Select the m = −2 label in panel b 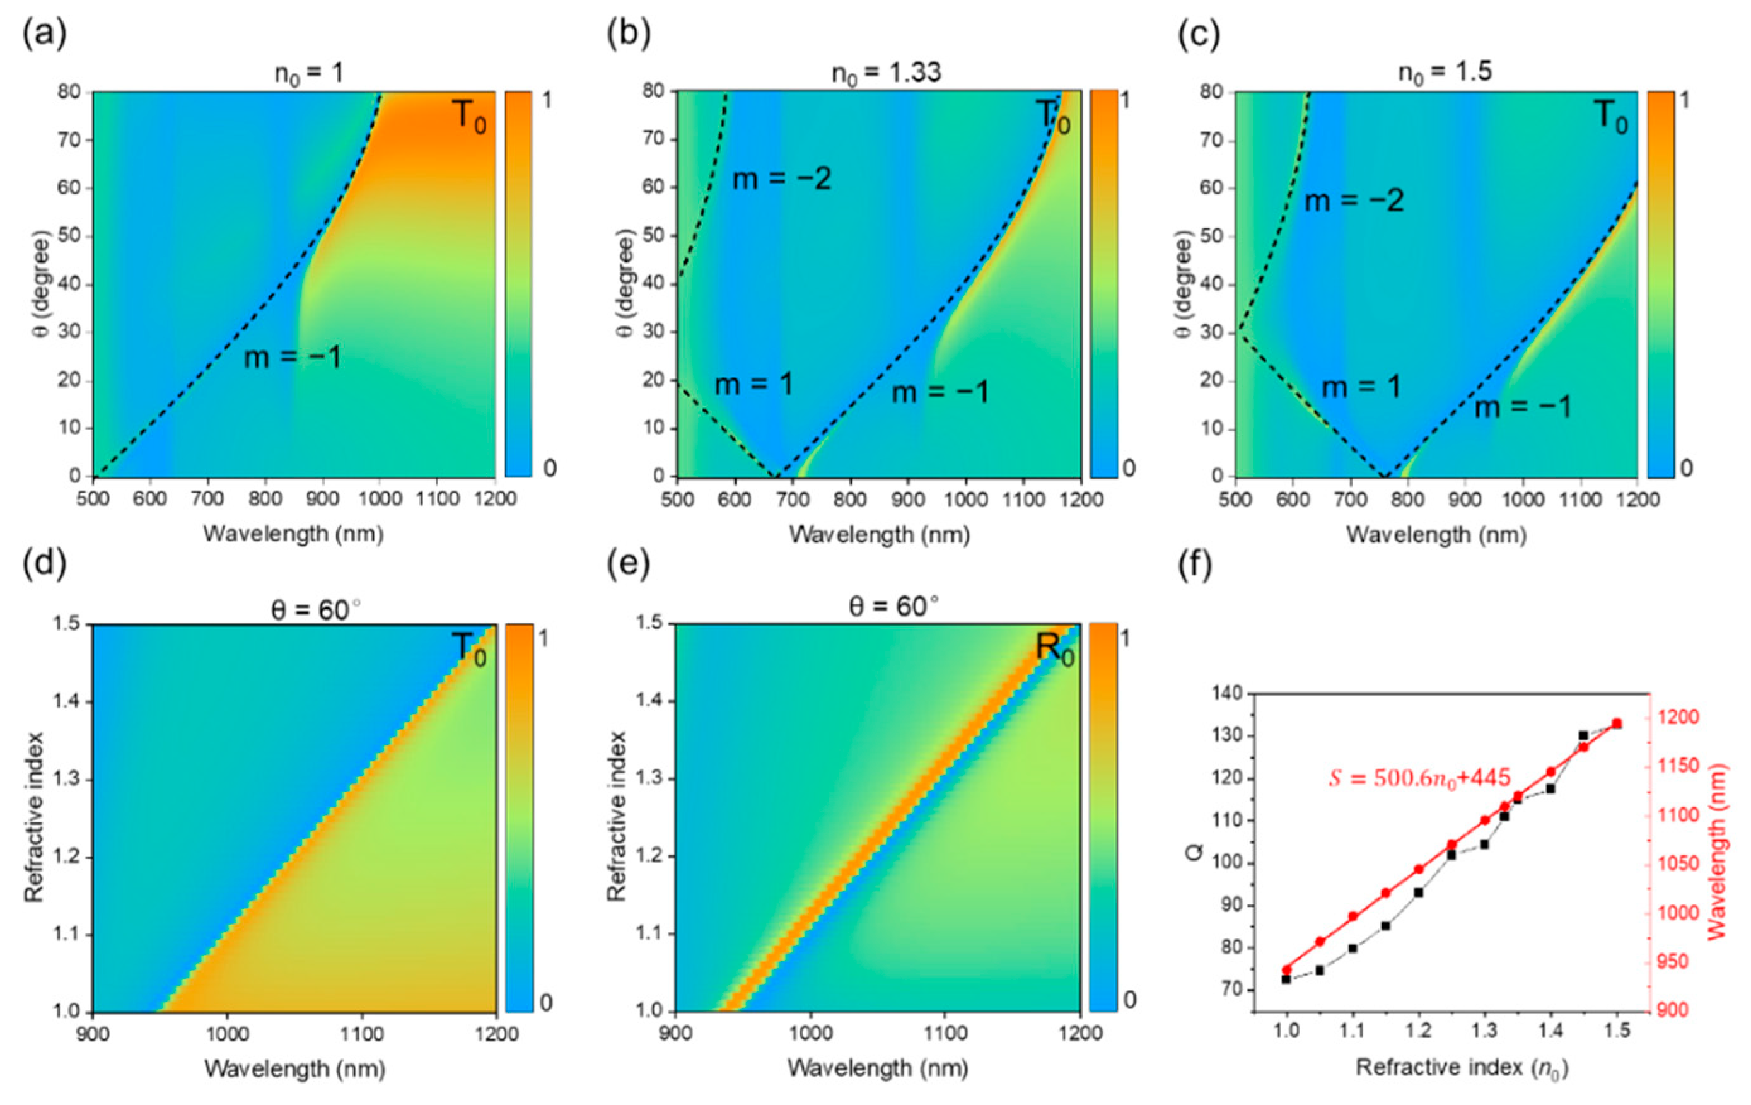pyautogui.click(x=781, y=179)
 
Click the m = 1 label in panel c pyautogui.click(x=1361, y=388)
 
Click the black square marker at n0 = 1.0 pyautogui.click(x=1286, y=979)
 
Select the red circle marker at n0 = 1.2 pyautogui.click(x=1419, y=869)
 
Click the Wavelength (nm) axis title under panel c pyautogui.click(x=1436, y=535)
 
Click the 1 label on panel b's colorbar pyautogui.click(x=1126, y=100)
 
